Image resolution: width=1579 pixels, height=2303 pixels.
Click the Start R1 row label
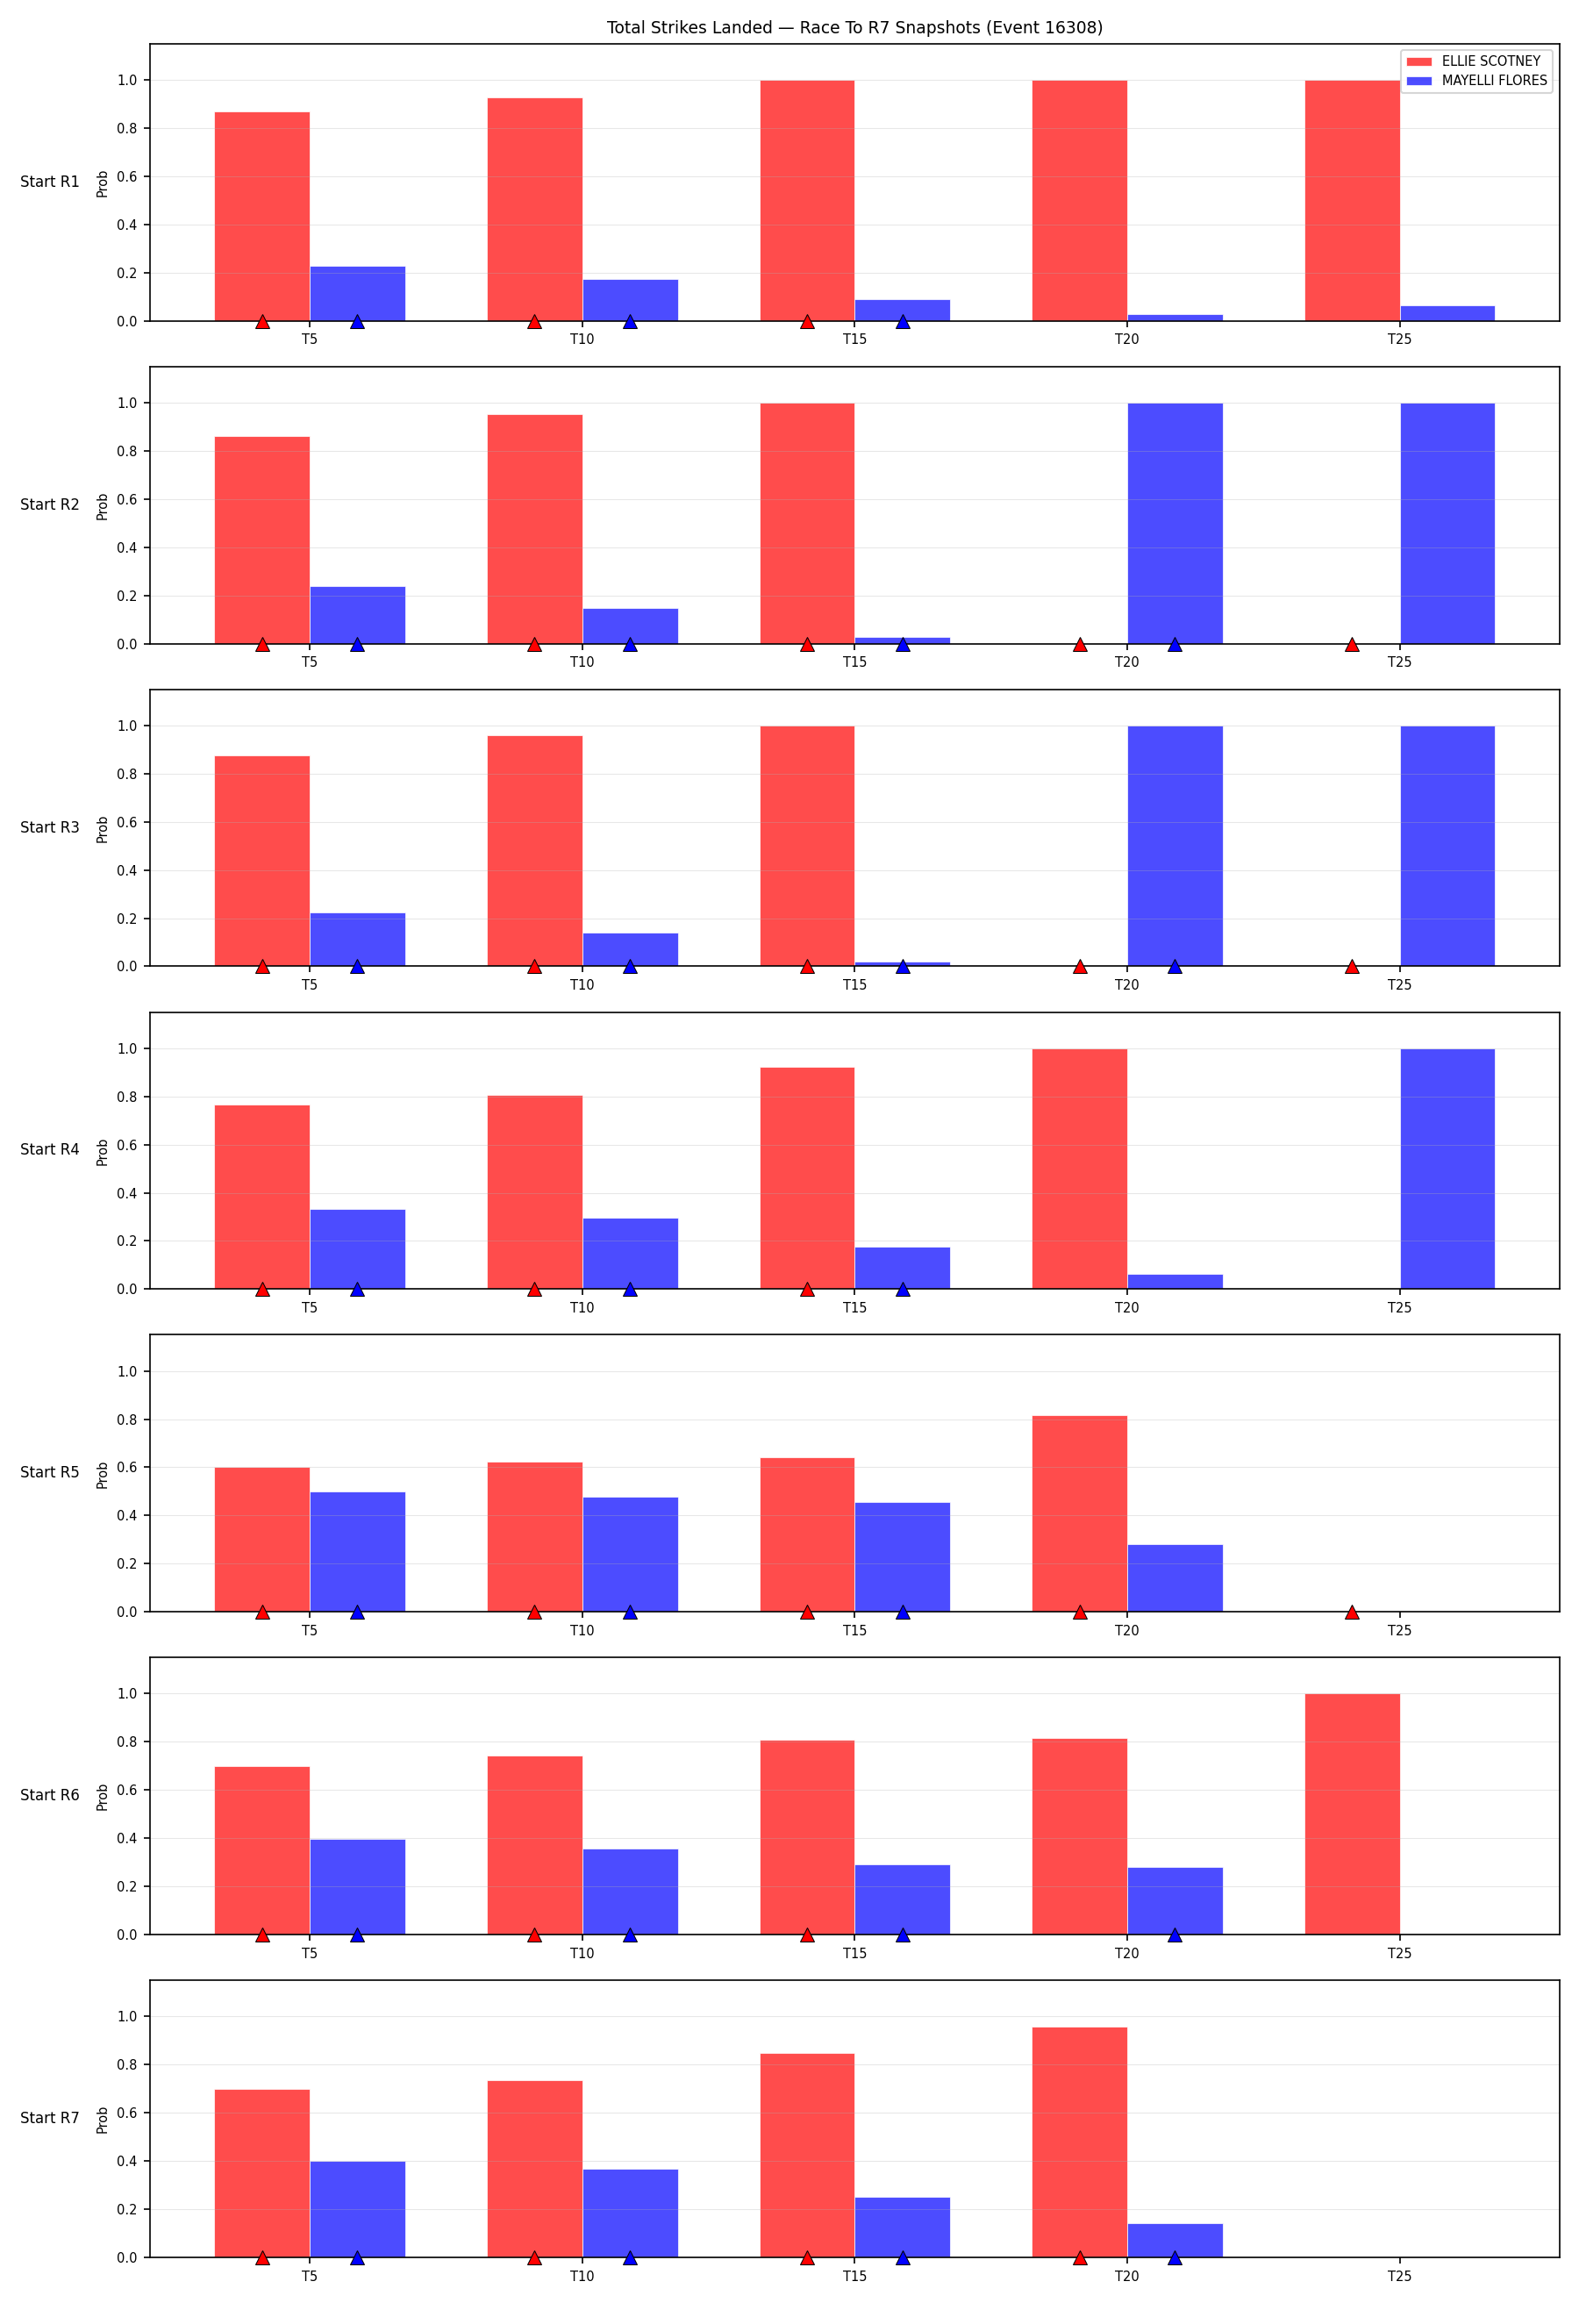tap(49, 182)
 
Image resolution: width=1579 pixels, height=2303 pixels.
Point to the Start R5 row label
tap(49, 1471)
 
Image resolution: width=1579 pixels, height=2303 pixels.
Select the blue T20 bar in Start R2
tap(1175, 523)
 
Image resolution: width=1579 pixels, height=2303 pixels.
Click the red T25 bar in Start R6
tap(1352, 1813)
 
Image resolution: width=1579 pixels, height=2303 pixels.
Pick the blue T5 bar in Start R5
tap(358, 1551)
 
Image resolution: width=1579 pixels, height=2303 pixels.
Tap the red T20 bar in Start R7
tap(1080, 2142)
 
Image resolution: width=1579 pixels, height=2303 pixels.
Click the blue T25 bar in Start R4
tap(1447, 1169)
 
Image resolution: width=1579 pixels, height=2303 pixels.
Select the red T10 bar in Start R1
tap(535, 209)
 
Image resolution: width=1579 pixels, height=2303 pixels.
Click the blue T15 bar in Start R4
tap(903, 1268)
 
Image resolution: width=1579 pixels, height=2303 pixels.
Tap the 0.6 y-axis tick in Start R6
tap(128, 1790)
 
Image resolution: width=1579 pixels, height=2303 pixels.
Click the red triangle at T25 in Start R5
tap(1352, 1613)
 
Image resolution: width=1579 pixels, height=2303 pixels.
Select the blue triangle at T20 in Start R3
tap(1175, 966)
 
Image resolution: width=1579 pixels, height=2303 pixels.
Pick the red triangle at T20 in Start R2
tap(1080, 645)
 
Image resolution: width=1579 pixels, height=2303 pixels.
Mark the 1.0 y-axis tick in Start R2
tap(128, 404)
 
